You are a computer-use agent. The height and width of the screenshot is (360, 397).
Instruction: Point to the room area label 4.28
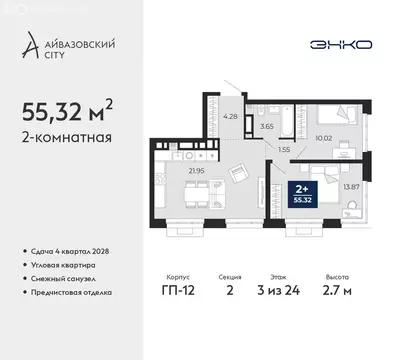coord(231,117)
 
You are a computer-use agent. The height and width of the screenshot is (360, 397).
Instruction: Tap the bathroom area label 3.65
coord(266,126)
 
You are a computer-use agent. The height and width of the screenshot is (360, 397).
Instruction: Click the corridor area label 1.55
coord(284,149)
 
